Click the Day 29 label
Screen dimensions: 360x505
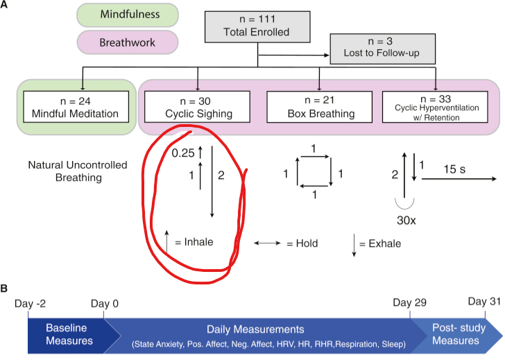(409, 303)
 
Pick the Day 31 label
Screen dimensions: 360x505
(483, 301)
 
